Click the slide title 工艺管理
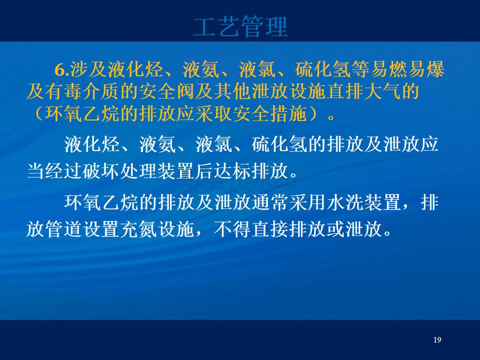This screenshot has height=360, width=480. click(x=240, y=27)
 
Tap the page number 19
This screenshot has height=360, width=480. click(x=437, y=339)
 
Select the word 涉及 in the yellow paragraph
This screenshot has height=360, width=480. click(x=88, y=69)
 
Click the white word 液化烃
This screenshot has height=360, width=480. click(x=92, y=144)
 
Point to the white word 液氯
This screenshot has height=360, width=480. click(x=214, y=144)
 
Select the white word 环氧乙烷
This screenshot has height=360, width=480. click(x=101, y=202)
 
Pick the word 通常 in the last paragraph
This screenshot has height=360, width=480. click(x=270, y=202)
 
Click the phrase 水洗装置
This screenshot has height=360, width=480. click(x=364, y=202)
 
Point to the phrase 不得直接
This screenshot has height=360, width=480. click(x=251, y=228)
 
